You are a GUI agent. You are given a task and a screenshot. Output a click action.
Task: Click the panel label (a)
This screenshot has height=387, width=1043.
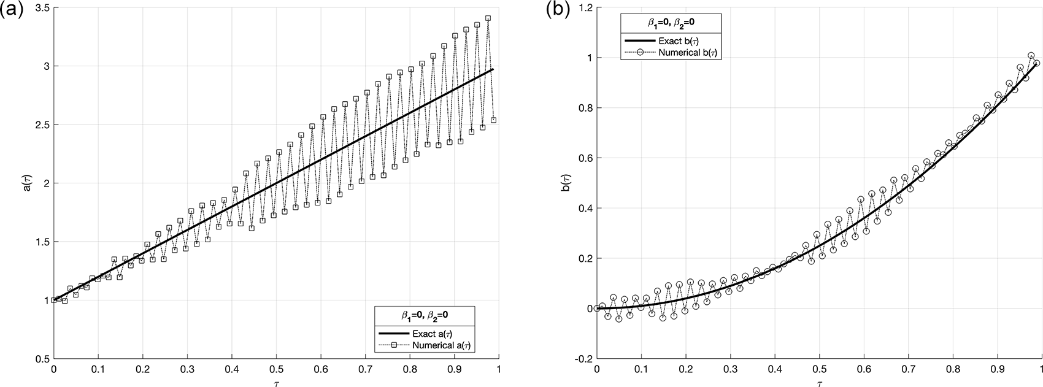[12, 10]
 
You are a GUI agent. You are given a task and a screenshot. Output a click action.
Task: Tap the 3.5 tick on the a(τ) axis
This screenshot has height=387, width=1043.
[41, 8]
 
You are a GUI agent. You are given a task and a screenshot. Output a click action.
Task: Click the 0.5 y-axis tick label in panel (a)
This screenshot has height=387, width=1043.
[41, 358]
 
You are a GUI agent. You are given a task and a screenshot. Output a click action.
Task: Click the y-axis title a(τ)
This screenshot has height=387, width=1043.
[25, 183]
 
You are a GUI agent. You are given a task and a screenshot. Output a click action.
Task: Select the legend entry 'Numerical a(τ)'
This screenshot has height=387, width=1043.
[445, 346]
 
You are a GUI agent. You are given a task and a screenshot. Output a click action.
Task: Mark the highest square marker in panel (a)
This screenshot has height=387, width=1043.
[488, 18]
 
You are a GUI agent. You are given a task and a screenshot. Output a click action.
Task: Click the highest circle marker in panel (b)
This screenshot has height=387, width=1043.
[1031, 55]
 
